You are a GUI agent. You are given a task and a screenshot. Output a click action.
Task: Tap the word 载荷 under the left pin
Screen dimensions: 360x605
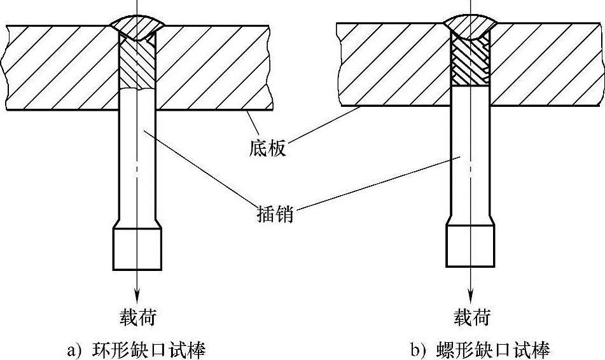[x=137, y=316]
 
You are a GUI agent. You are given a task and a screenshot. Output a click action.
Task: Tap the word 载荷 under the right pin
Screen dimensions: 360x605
[x=471, y=316]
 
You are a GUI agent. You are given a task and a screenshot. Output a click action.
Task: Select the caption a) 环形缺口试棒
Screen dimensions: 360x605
[x=136, y=350]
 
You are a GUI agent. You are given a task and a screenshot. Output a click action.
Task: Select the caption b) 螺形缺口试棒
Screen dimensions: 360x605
[x=480, y=350]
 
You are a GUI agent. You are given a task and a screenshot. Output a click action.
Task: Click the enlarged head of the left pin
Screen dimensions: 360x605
[x=137, y=248]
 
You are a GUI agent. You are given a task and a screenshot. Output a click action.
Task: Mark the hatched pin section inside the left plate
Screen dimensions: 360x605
[x=137, y=67]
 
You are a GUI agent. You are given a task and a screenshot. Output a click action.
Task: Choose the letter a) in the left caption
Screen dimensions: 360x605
[x=74, y=350]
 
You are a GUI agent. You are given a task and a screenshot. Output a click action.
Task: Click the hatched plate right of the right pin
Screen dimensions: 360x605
[x=547, y=64]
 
